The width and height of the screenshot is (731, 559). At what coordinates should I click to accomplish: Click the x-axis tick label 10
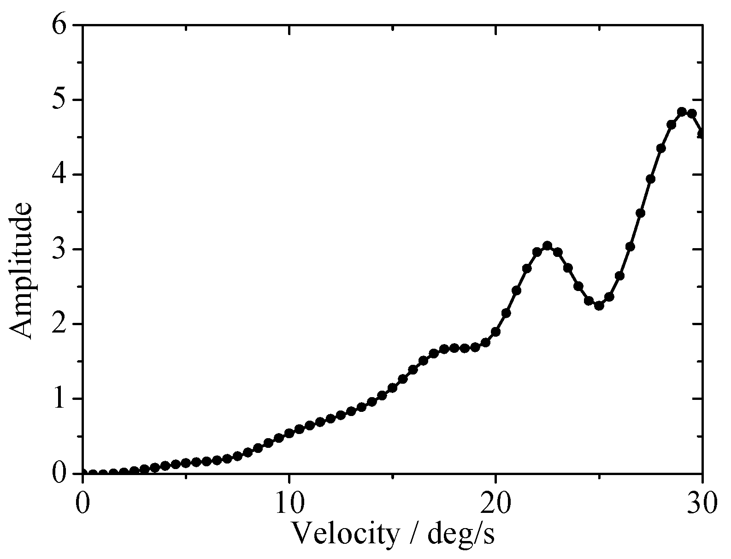point(289,502)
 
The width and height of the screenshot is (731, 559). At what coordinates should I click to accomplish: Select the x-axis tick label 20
point(495,502)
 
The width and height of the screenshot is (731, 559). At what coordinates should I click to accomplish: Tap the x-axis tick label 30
point(702,502)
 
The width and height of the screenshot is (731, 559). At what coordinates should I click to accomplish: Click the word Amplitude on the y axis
point(21,271)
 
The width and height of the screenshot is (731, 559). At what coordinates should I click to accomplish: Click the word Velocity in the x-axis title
point(346,533)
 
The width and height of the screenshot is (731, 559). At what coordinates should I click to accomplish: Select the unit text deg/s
point(461,534)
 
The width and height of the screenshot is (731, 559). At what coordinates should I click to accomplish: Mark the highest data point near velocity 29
point(682,112)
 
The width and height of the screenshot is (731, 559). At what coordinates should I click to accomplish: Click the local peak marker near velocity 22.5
point(547,246)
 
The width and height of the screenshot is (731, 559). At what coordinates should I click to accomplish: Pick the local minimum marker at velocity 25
point(599,306)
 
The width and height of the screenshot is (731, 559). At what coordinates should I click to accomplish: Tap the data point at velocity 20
point(495,332)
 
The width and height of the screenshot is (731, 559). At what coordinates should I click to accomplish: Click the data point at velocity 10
point(289,433)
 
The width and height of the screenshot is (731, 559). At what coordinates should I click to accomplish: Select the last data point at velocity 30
point(702,134)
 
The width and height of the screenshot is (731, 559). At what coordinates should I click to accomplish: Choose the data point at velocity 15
point(392,388)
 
